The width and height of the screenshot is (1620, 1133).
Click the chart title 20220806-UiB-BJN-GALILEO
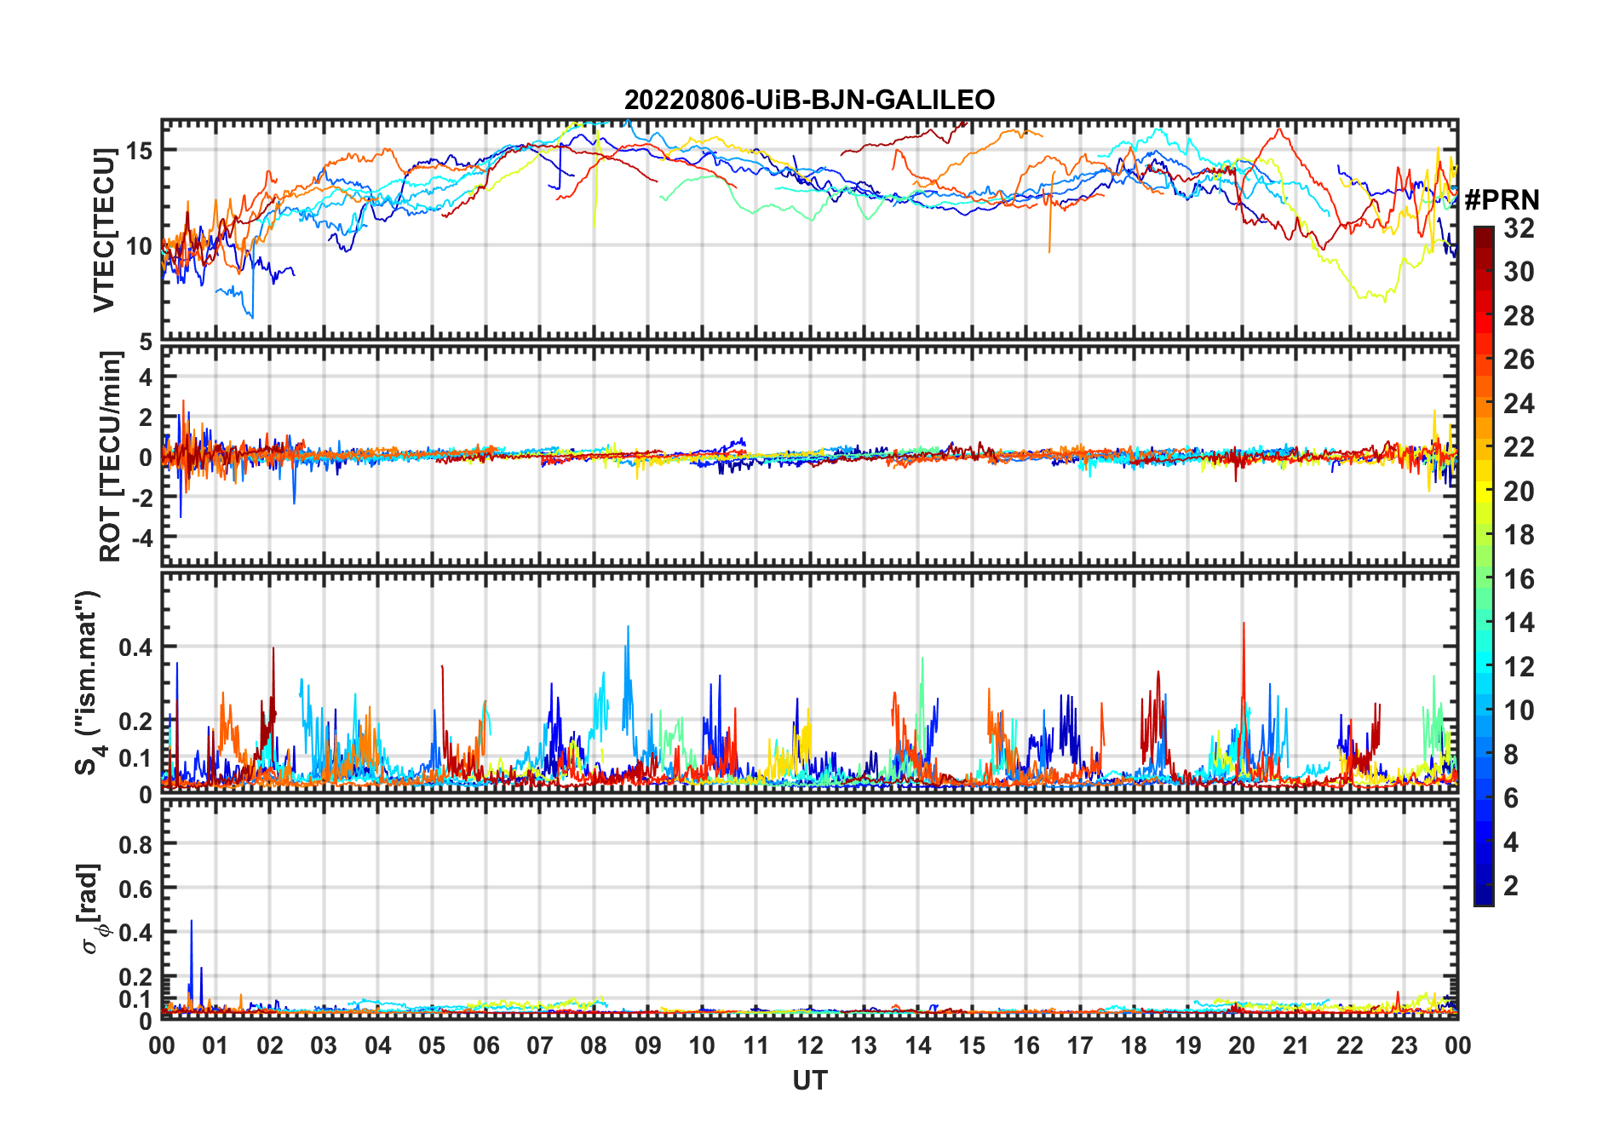[x=809, y=101]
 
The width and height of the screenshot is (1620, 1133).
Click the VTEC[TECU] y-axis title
[x=104, y=230]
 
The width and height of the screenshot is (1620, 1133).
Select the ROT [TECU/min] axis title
[x=111, y=456]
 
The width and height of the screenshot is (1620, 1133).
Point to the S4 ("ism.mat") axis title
[x=89, y=683]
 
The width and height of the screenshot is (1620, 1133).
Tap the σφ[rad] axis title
[x=92, y=909]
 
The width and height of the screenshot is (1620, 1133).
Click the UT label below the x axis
[x=809, y=1081]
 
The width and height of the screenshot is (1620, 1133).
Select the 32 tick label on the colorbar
[x=1519, y=228]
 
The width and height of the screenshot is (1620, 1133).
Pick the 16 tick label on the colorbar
[x=1519, y=579]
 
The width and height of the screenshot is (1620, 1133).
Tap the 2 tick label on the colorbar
[x=1511, y=886]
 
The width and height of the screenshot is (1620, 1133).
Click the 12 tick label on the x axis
[x=810, y=1046]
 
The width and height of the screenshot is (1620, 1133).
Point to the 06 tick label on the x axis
[x=486, y=1046]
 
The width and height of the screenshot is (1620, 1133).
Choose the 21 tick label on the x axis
[x=1295, y=1046]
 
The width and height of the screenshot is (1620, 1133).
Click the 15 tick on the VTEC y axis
[x=140, y=151]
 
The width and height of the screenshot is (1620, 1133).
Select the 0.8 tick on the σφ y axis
[x=136, y=844]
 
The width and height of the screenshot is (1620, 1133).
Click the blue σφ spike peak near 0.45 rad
[x=192, y=921]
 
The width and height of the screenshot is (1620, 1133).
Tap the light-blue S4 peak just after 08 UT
[x=629, y=627]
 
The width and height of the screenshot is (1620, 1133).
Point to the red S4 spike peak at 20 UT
[x=1244, y=624]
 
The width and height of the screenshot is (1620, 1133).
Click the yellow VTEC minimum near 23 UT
[x=1384, y=301]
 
